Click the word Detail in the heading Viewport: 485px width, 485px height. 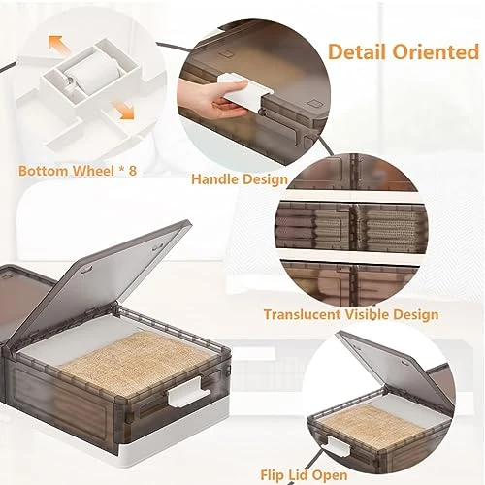click(357, 51)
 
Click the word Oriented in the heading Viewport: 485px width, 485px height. click(436, 51)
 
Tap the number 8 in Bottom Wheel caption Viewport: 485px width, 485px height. click(133, 170)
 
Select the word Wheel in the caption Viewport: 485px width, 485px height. click(93, 170)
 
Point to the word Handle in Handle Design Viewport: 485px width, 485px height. click(214, 178)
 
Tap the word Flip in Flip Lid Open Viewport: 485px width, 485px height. click(272, 475)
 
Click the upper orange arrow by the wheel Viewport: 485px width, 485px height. click(60, 47)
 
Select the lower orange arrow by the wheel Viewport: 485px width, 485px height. click(122, 110)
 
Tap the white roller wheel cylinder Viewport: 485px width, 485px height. click(93, 75)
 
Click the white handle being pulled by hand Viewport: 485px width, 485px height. click(244, 92)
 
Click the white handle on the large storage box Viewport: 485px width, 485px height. click(188, 393)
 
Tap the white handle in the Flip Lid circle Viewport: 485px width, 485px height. click(339, 444)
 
